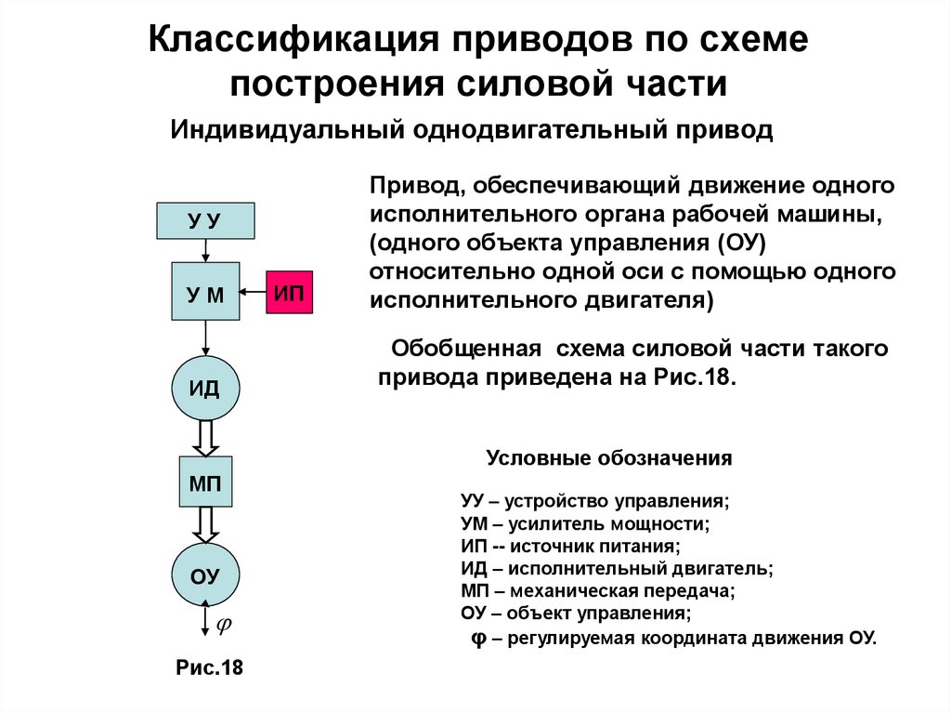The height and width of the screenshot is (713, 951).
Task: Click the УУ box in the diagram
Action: click(x=204, y=220)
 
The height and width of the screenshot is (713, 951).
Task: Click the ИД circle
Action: click(x=204, y=388)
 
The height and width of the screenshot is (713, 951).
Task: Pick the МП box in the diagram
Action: click(x=204, y=482)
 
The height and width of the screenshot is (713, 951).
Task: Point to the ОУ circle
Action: click(x=204, y=575)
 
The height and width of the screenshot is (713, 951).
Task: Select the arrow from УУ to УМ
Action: click(x=204, y=250)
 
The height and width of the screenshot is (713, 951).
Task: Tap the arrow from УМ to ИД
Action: click(x=204, y=339)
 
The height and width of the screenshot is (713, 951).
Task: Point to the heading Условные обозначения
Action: click(x=609, y=459)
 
